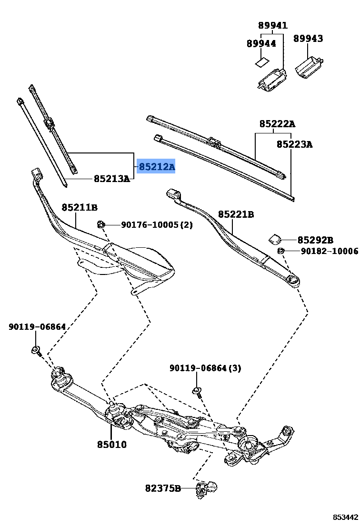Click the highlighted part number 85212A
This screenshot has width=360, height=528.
point(157,167)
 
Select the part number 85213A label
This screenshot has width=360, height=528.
point(112,179)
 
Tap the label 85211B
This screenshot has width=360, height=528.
point(80,207)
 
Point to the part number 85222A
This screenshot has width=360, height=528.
point(277,124)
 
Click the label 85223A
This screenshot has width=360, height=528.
point(295,144)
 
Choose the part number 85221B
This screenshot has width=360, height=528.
point(236,214)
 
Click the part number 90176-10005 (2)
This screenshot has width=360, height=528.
point(157,224)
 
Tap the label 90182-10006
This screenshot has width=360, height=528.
point(329,251)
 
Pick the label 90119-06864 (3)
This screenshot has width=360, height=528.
point(205,368)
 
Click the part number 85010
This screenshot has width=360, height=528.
point(112,444)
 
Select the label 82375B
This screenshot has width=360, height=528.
point(163,488)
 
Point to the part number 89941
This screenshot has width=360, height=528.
point(273,26)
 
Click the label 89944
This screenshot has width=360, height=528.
point(261,43)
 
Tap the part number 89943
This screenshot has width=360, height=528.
point(308,39)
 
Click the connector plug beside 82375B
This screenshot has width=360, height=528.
point(207,487)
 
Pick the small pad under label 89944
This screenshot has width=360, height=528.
point(261,61)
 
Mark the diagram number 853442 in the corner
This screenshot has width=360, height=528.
point(345,517)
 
